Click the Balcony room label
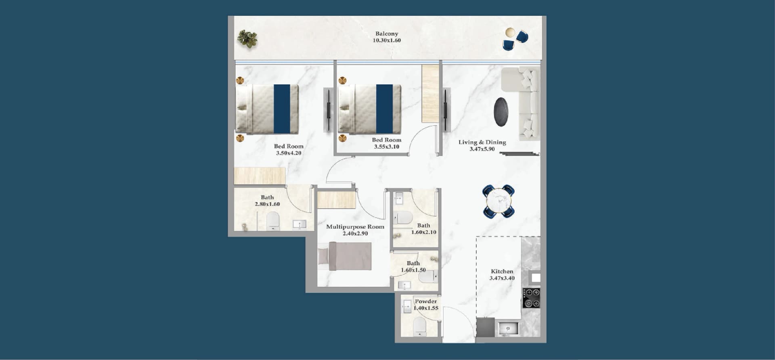pos(387,34)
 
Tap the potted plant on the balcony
pos(247,39)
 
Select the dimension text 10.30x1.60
pos(387,40)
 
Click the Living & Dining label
pos(482,142)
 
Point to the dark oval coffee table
pos(501,112)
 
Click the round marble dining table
pos(499,201)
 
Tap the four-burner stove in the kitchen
pos(531,298)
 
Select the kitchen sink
pos(508,329)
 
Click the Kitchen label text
pos(502,272)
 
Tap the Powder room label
pos(426,301)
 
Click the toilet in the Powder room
pos(420,326)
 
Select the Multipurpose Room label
pos(355,227)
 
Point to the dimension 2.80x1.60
pos(267,204)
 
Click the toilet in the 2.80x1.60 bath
pos(273,221)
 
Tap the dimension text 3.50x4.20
pos(289,153)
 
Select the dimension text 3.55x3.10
pos(387,147)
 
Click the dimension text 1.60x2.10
pos(424,232)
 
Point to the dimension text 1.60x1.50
pos(413,270)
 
